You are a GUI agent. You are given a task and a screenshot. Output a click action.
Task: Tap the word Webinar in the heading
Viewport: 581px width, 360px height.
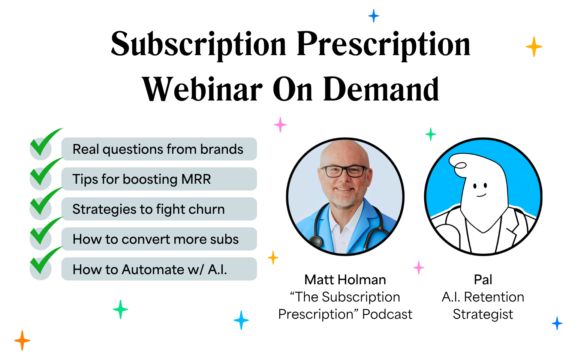point(202,90)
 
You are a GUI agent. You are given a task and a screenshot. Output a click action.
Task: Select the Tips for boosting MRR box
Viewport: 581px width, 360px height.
point(159,179)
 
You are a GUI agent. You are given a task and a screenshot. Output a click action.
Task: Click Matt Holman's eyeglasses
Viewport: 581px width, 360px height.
point(344,171)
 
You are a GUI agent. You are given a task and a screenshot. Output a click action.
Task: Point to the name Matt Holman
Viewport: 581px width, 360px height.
point(345,280)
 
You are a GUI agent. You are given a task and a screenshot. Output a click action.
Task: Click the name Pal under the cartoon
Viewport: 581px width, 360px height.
point(483,280)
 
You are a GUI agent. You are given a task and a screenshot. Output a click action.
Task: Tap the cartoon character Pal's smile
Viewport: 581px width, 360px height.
point(481,195)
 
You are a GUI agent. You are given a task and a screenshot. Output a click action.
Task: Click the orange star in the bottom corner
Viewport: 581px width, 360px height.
point(22,340)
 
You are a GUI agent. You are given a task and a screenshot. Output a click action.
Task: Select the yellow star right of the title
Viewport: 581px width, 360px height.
point(534,47)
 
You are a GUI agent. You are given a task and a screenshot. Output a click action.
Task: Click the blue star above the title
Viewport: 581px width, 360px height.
point(373,16)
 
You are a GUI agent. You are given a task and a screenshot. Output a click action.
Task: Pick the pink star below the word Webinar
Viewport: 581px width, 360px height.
point(280,124)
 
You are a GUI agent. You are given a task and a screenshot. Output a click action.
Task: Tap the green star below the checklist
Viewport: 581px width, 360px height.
point(120,309)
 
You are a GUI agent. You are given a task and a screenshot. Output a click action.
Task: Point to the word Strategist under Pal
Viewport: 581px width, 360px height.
point(483,314)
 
